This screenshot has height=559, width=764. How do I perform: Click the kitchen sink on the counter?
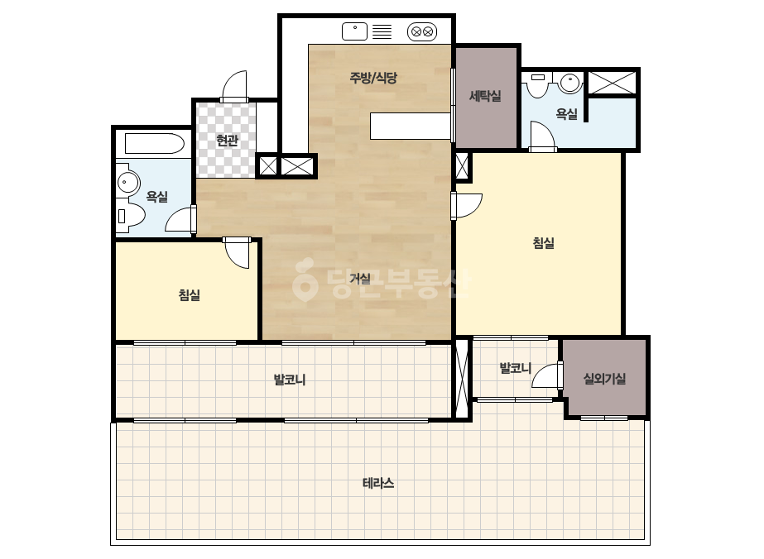tap(355, 31)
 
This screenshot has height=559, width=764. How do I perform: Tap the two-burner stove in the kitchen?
tap(422, 32)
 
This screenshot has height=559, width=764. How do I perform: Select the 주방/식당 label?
tap(373, 78)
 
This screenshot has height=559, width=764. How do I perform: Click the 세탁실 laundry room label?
tap(485, 96)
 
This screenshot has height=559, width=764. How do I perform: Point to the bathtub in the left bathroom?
tap(155, 144)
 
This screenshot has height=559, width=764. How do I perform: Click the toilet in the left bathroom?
tap(130, 215)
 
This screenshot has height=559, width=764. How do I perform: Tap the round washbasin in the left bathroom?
tap(127, 183)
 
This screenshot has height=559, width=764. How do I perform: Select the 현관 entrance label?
tap(227, 141)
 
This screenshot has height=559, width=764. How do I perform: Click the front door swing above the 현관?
tap(234, 87)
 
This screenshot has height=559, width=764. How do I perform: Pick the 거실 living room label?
tap(360, 279)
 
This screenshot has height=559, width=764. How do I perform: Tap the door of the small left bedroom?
tap(238, 253)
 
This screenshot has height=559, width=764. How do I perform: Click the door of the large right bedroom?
tap(467, 206)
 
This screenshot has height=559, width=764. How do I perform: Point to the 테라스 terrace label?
tap(378, 483)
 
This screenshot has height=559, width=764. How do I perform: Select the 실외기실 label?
tap(605, 379)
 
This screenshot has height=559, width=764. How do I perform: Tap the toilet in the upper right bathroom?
tap(538, 84)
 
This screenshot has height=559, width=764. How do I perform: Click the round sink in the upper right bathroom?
tap(570, 83)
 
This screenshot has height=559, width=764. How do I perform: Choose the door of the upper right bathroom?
tap(543, 136)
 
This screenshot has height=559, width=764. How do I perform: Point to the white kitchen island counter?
tap(411, 127)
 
